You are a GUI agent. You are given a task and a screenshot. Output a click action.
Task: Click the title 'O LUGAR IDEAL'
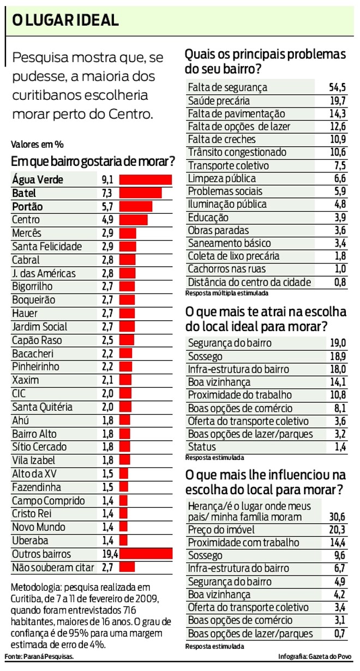tap(65, 21)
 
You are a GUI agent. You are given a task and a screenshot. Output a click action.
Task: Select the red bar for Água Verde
tap(145, 179)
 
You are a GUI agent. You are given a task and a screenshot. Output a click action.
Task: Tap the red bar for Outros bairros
tap(146, 554)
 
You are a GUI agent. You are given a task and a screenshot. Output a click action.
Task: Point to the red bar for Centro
tap(133, 219)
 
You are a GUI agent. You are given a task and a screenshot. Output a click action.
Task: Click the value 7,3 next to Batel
tap(107, 193)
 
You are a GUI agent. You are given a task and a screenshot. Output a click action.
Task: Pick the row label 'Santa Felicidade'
tap(47, 247)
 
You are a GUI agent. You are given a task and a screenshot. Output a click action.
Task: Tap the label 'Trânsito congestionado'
tap(237, 152)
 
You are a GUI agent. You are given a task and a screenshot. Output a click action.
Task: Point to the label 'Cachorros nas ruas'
tap(227, 269)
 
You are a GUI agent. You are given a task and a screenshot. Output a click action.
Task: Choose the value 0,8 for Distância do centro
tap(340, 282)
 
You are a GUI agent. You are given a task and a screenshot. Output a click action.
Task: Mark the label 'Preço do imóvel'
tap(221, 530)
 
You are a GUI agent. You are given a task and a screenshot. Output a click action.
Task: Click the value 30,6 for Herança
tap(338, 517)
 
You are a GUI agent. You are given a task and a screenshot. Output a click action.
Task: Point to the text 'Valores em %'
tap(37, 145)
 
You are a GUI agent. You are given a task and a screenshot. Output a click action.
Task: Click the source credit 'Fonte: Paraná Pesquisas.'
tap(39, 656)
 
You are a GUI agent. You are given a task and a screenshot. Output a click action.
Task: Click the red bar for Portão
tap(135, 206)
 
